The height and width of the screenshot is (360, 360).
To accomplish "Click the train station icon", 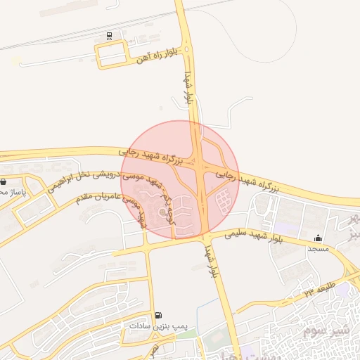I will click(x=109, y=35).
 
